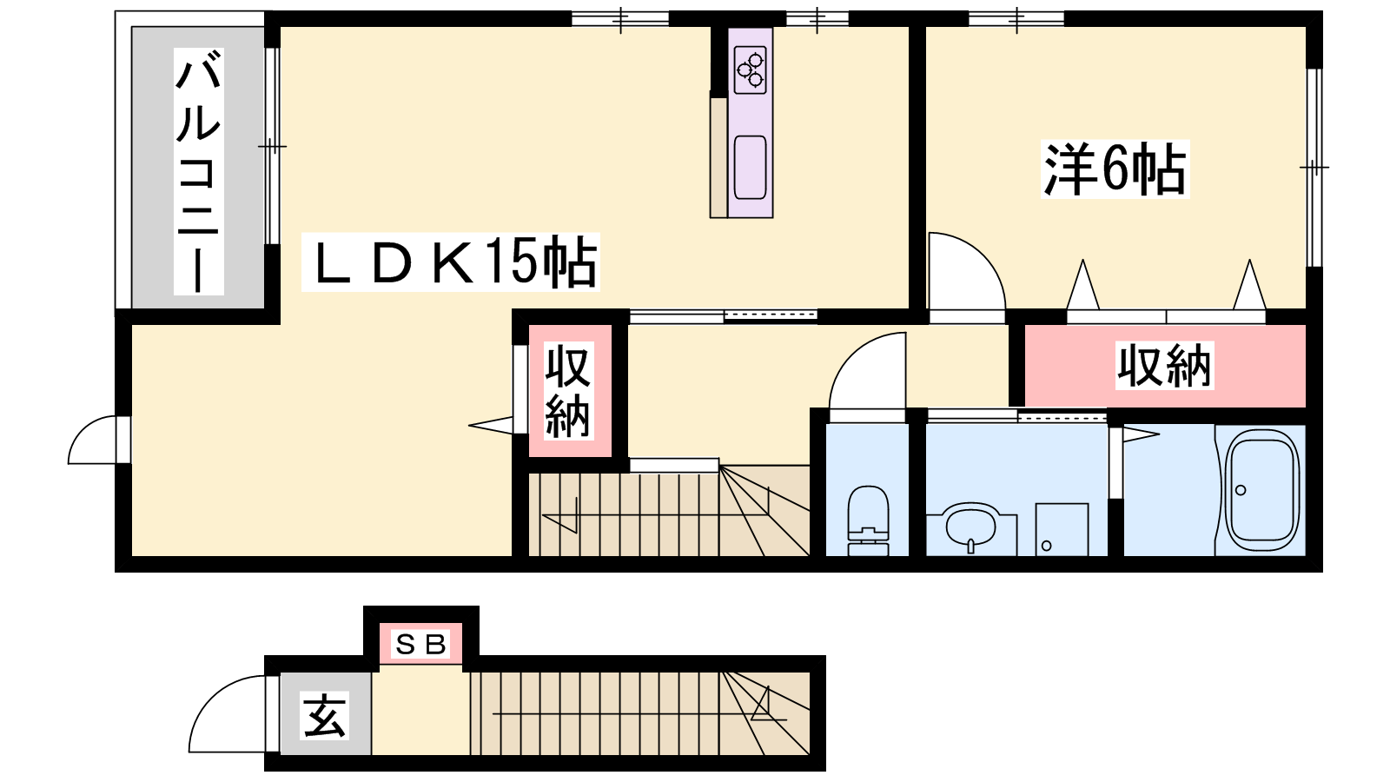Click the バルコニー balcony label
tap(199, 171)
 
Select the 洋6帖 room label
tap(1115, 169)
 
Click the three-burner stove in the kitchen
tap(750, 70)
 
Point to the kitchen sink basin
tap(751, 167)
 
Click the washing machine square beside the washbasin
tap(1062, 529)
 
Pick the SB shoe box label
tap(420, 645)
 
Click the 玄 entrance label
tap(324, 716)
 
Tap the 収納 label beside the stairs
tap(568, 390)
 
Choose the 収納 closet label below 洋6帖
tap(1164, 365)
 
